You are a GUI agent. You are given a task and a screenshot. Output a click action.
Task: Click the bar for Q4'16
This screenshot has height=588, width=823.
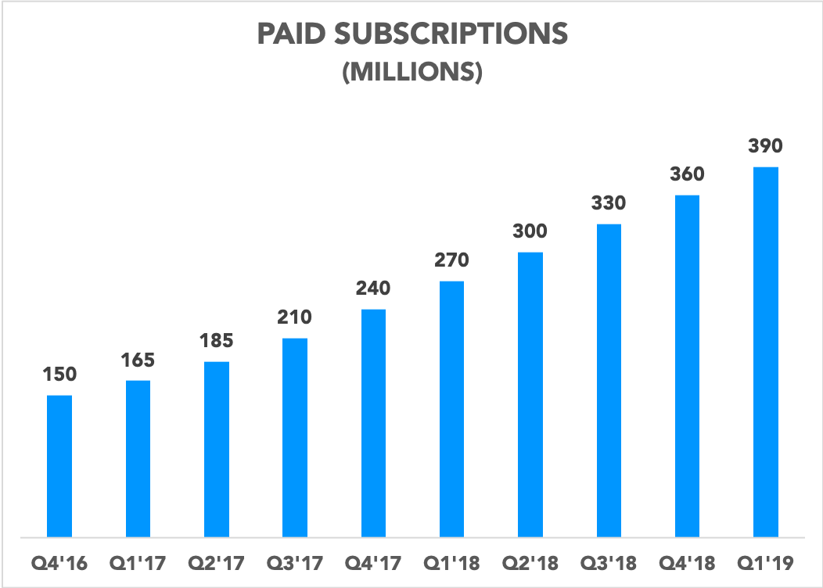[59, 466]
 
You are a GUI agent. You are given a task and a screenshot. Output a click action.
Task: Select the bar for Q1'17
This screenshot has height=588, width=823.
[138, 459]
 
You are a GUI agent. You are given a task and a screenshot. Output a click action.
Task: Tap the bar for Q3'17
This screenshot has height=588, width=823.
[294, 438]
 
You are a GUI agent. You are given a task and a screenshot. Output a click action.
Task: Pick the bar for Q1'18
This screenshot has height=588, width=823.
[451, 409]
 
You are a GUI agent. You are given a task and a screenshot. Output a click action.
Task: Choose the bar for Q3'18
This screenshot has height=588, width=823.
[608, 381]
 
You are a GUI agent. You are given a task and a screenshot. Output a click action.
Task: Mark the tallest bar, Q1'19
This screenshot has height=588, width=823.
[765, 352]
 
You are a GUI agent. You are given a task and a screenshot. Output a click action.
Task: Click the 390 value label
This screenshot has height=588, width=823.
[765, 145]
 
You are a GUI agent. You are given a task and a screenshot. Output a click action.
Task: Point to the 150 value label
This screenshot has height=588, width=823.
[59, 375]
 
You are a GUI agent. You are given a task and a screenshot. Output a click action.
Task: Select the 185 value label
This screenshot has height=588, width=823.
[216, 341]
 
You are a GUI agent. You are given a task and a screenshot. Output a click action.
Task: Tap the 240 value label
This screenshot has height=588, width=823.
[373, 289]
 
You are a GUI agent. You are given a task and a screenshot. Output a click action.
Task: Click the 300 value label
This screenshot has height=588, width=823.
[530, 231]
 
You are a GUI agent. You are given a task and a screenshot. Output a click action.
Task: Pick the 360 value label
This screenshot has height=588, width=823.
[687, 174]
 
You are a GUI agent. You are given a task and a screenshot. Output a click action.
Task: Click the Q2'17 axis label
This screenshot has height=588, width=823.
[216, 562]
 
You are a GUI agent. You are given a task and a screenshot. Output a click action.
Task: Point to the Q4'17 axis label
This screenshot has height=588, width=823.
[373, 562]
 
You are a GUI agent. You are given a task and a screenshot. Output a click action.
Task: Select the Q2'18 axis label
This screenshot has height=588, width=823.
[530, 562]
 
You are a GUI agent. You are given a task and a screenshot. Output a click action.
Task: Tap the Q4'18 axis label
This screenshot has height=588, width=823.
[687, 562]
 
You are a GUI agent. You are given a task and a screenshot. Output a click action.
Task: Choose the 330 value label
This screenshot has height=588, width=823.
[608, 203]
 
